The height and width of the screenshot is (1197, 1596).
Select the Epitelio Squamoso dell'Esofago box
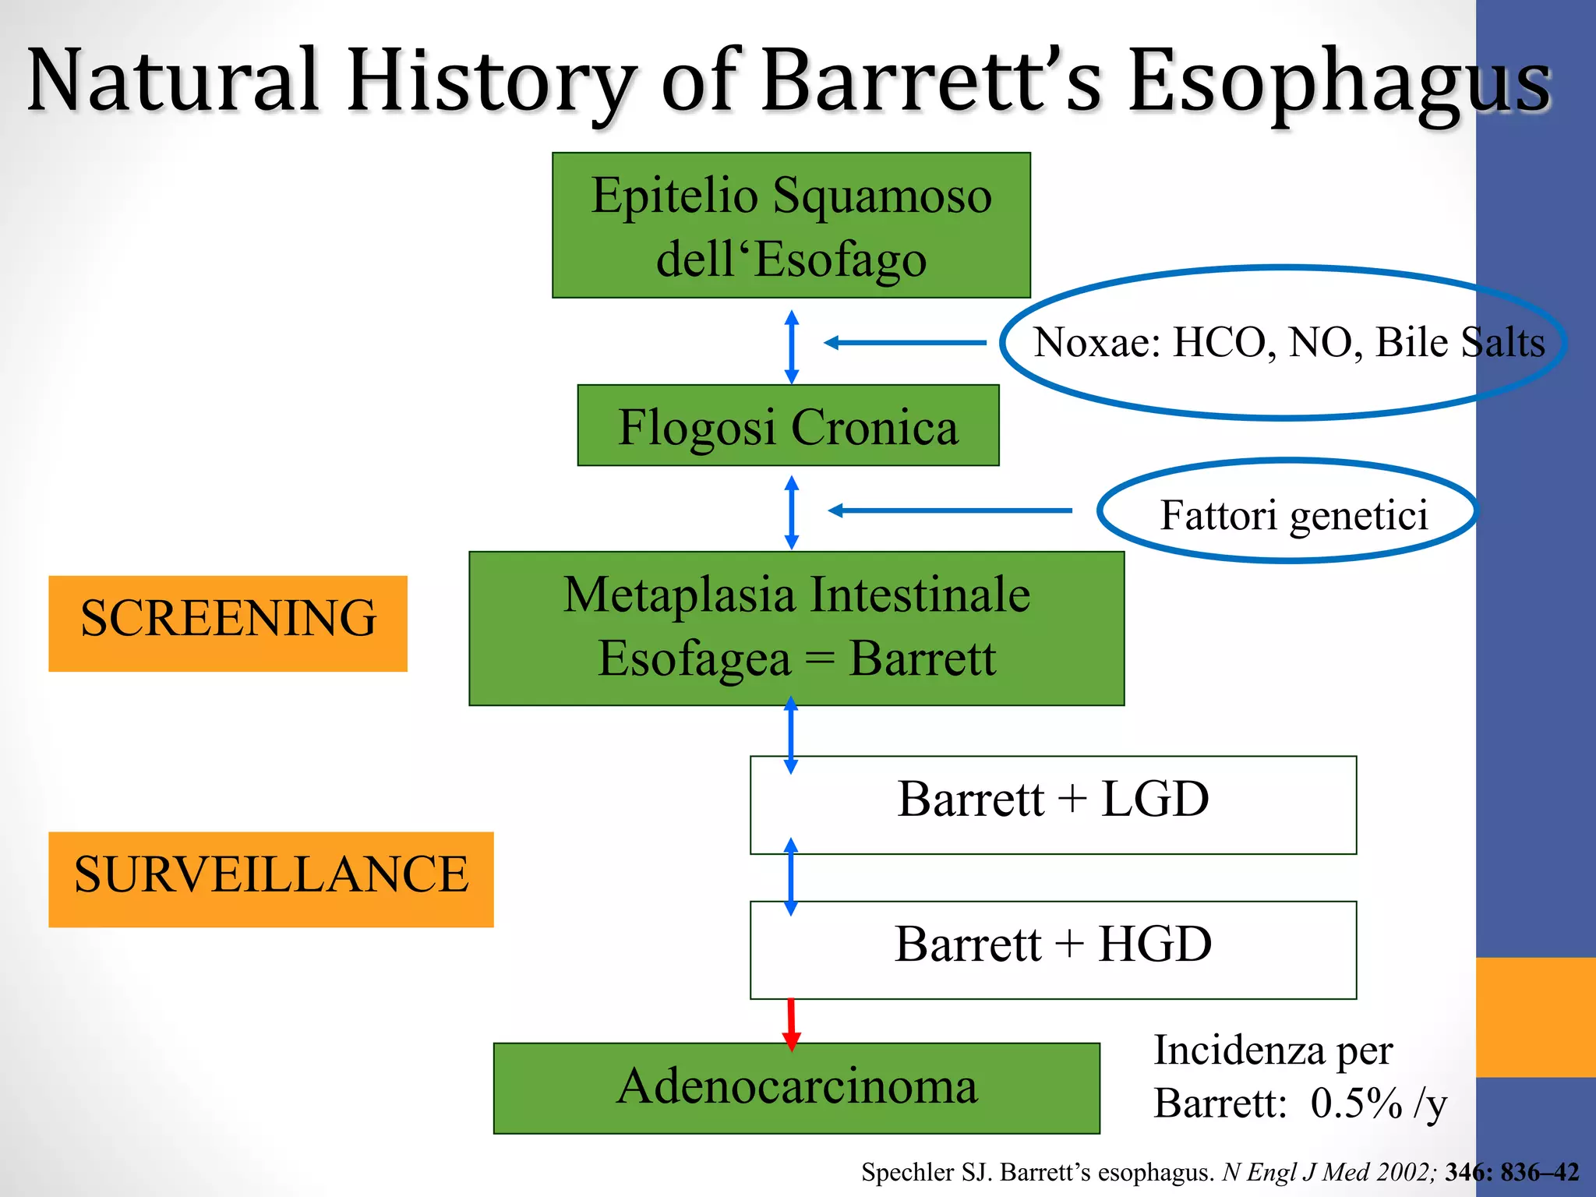point(791,225)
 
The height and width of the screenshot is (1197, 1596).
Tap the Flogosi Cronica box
point(788,425)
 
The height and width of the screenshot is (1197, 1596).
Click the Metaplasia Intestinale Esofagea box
point(796,628)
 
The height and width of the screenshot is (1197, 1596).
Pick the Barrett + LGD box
point(1053,804)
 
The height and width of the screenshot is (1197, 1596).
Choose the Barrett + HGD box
point(1053,949)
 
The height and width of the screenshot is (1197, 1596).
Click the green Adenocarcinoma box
point(796,1088)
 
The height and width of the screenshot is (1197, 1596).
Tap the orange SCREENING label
point(228,623)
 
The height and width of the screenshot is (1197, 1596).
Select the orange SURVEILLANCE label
point(270,879)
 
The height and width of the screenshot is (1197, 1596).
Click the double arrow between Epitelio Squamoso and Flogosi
point(791,347)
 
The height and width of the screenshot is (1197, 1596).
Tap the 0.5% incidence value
point(1356,1103)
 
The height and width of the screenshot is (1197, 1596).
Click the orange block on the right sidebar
point(1535,1017)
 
